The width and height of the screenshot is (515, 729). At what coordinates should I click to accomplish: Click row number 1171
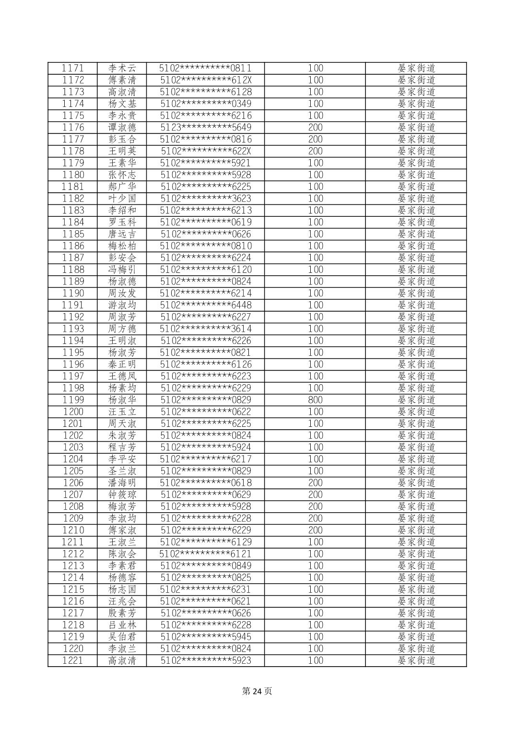73,68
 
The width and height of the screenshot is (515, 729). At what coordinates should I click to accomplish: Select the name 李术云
122,68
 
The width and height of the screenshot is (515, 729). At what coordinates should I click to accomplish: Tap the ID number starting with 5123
206,128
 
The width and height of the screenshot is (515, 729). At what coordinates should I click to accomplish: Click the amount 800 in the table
315,400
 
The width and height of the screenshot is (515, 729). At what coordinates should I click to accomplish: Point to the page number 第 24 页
257,691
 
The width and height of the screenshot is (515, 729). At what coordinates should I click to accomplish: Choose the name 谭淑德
122,128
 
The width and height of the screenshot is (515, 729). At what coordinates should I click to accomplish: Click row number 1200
73,412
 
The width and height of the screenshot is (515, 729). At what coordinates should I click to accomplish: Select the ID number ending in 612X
206,80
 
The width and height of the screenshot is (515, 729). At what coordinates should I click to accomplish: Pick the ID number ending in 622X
206,151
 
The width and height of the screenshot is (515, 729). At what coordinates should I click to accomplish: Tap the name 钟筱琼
122,494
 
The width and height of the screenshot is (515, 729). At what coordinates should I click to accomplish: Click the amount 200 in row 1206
315,483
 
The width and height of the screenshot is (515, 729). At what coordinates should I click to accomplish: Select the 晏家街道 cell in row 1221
416,660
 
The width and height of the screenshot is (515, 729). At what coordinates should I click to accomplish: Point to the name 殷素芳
122,613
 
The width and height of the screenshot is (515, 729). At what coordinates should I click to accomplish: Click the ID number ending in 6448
206,305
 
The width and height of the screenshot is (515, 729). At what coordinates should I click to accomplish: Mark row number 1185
73,234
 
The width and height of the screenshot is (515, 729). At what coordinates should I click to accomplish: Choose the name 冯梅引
122,270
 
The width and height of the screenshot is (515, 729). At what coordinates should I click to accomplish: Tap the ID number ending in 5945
206,637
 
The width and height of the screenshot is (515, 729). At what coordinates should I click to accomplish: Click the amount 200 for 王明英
315,151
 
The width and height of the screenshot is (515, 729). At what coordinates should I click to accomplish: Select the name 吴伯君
122,637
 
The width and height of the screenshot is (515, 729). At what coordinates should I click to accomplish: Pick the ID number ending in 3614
206,329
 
